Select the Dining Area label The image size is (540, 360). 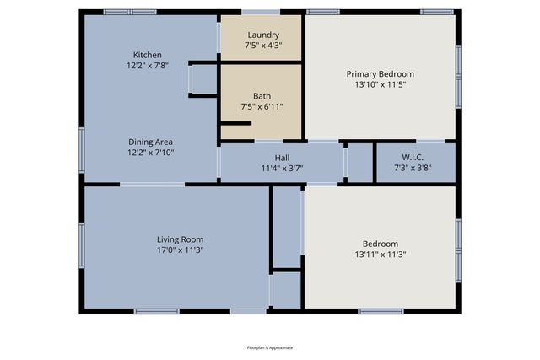pyautogui.click(x=150, y=142)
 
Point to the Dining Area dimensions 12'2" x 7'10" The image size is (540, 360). pyautogui.click(x=150, y=153)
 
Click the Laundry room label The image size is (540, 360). pyautogui.click(x=262, y=35)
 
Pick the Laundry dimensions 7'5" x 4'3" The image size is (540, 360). pyautogui.click(x=262, y=46)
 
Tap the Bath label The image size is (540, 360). pyautogui.click(x=262, y=95)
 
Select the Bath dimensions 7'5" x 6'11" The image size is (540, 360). pyautogui.click(x=262, y=106)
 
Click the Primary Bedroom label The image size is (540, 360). pyautogui.click(x=380, y=73)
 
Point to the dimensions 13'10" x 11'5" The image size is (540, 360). pyautogui.click(x=380, y=84)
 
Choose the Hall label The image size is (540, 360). pyautogui.click(x=282, y=158)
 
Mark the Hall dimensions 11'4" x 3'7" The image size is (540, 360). pyautogui.click(x=282, y=169)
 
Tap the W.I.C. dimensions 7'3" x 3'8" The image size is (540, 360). pyautogui.click(x=413, y=167)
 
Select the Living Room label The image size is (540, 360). pyautogui.click(x=180, y=239)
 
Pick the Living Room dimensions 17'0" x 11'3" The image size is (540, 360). pyautogui.click(x=180, y=250)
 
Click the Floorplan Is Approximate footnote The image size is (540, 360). pyautogui.click(x=269, y=347)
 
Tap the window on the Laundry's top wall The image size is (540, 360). pyautogui.click(x=262, y=12)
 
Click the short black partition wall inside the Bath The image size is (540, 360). pyautogui.click(x=236, y=123)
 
